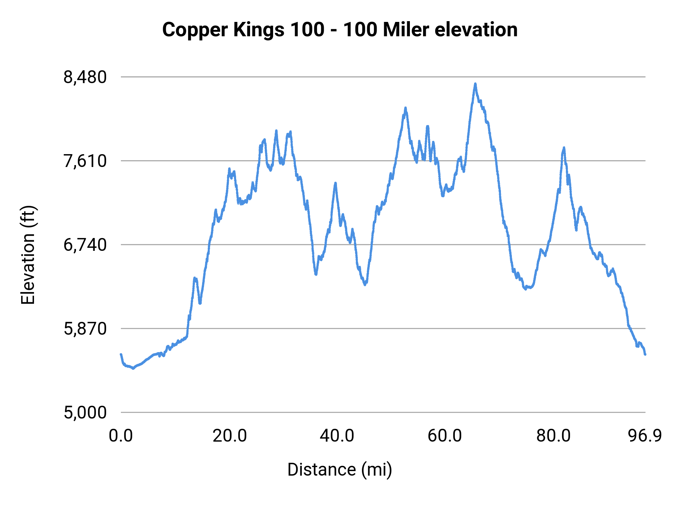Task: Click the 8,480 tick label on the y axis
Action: pos(85,77)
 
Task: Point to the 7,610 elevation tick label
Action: pos(85,161)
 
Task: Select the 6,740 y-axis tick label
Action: pos(85,245)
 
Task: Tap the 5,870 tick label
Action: pos(85,329)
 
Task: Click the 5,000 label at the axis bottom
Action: pos(85,413)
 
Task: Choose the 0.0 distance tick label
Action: pos(121,436)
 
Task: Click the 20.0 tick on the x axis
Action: pos(229,436)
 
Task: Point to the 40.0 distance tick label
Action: pos(337,436)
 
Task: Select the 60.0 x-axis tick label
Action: pos(445,436)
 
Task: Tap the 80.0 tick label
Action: pos(553,436)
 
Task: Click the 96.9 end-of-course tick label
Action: pos(645,436)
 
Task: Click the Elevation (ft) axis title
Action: pos(28,255)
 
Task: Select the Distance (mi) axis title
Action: pos(340,470)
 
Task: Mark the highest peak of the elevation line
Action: pos(475,83)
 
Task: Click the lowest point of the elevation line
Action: pos(133,368)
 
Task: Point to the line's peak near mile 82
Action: pos(564,148)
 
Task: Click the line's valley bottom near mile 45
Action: pos(365,285)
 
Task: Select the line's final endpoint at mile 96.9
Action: pos(645,354)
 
